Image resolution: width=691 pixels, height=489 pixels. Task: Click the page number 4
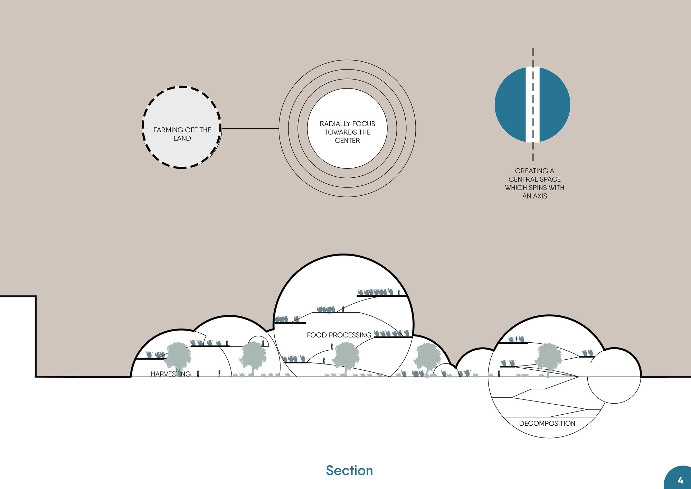click(680, 480)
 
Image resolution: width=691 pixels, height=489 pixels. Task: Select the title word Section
click(349, 471)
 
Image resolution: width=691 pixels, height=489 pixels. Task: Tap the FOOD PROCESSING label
click(339, 335)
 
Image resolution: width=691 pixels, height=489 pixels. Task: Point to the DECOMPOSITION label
click(547, 423)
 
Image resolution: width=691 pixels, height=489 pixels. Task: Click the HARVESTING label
click(171, 374)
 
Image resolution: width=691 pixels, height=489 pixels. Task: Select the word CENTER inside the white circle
click(347, 140)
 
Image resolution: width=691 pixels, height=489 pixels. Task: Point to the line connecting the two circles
click(250, 129)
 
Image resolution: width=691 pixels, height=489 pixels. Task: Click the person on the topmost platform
click(399, 292)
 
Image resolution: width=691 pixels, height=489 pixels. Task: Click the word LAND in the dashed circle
click(182, 138)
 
